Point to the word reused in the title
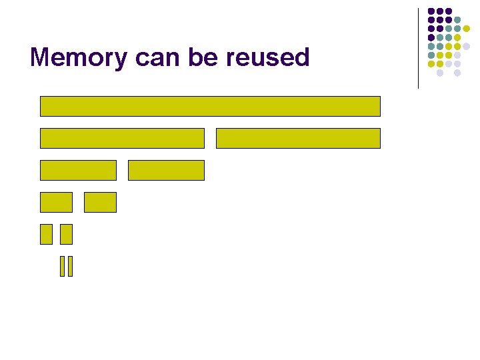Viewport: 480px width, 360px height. (x=268, y=58)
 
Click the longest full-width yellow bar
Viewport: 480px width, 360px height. (x=210, y=106)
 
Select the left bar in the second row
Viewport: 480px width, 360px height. (x=122, y=138)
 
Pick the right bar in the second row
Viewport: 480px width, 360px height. (x=298, y=138)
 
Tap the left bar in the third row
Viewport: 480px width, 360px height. (x=78, y=170)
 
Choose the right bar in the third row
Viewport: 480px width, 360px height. (x=166, y=170)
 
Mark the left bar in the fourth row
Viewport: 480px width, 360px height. (x=56, y=202)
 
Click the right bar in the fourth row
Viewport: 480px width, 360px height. (x=100, y=202)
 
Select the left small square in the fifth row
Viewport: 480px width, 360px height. (x=46, y=234)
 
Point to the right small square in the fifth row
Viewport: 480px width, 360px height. (x=66, y=234)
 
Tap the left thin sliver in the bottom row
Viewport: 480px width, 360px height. (x=62, y=266)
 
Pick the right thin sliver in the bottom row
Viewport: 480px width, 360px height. (x=69, y=266)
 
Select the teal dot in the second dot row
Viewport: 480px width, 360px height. (x=457, y=20)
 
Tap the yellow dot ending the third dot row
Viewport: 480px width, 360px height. (x=466, y=29)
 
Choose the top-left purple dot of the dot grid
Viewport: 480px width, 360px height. (x=431, y=11)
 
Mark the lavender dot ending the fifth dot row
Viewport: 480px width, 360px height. (x=466, y=46)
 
